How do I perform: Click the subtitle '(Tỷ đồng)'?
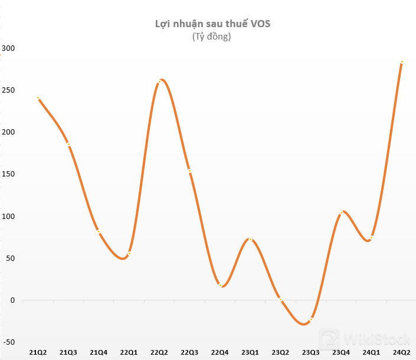[x=211, y=37]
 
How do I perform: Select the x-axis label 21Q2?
[x=38, y=352]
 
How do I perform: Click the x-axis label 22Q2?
[x=159, y=352]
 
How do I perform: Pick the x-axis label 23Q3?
[x=310, y=352]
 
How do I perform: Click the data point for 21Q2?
[x=38, y=98]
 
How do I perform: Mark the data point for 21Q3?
[x=68, y=145]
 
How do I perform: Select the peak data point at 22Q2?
[x=159, y=81]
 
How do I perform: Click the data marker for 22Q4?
[x=220, y=285]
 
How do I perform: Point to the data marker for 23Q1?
[x=250, y=240]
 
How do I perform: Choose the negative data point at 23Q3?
[x=311, y=319]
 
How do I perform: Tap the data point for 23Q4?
[x=341, y=212]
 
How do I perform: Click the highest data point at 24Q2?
[x=402, y=62]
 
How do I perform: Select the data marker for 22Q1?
[x=129, y=254]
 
